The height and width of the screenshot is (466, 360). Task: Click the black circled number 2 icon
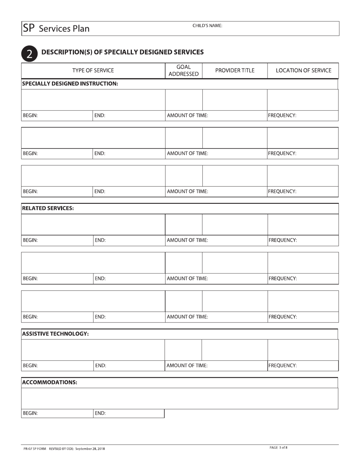point(30,54)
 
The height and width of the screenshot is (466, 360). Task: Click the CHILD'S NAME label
point(207,26)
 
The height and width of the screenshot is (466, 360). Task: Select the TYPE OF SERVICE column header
point(93,70)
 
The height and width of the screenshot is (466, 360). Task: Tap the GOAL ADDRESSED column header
point(183,70)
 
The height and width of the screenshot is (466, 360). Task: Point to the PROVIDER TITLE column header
point(235,70)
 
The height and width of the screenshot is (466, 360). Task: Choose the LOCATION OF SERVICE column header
point(303,70)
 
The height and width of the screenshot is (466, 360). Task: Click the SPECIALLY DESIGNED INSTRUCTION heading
point(70,83)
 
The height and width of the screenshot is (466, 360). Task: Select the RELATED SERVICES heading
point(48,208)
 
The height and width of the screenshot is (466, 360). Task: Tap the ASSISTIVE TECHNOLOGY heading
point(56,334)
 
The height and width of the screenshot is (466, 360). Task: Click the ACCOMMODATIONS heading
point(50,382)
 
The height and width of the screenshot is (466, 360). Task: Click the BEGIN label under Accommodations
point(30,413)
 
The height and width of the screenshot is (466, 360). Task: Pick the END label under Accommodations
point(100,413)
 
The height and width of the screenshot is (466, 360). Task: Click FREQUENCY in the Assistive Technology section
point(282,366)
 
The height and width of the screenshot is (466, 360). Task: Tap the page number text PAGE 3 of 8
point(279,447)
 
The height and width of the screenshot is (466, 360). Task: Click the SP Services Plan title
point(56,28)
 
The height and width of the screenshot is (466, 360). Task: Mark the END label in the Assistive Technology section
point(100,366)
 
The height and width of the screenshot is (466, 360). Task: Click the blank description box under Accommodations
point(179,398)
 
